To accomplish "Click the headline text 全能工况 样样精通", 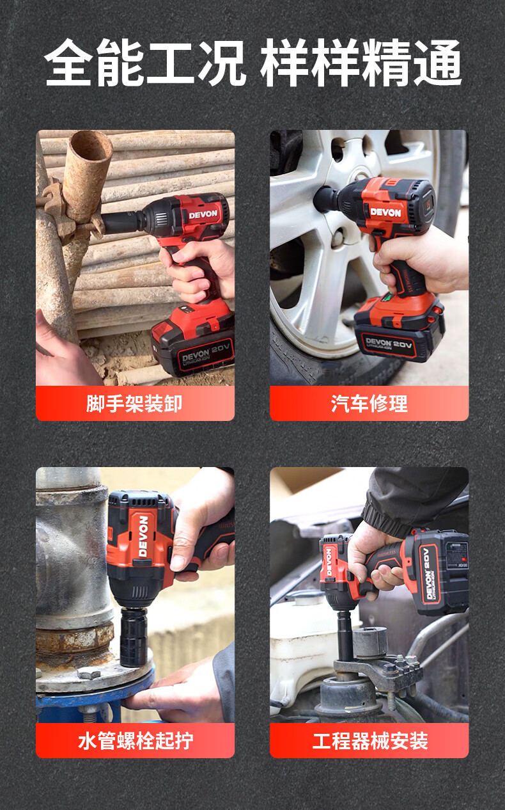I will click(252, 63).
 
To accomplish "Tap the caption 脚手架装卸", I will click(135, 404).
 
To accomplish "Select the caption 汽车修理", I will click(369, 404).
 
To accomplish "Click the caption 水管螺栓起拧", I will click(135, 741).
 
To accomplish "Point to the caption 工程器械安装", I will click(369, 741).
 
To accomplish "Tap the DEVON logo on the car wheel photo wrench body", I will click(385, 212).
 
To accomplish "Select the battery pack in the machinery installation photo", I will click(441, 571).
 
